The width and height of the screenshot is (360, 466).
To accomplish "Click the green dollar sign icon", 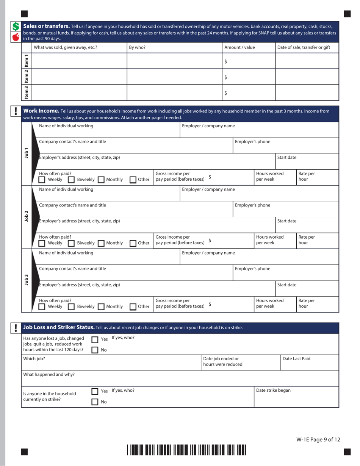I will pos(16,27).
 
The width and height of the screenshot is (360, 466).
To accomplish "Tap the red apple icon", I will pos(16,37).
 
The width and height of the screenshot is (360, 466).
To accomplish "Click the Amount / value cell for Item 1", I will pos(248,61).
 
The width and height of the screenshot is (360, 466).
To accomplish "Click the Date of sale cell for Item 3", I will pos(307,93).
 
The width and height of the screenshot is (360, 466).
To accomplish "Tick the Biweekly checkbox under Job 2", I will pos(71,243).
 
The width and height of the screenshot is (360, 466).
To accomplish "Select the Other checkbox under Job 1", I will pos(133,180).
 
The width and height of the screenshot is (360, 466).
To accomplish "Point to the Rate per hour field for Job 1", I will pos(317,176).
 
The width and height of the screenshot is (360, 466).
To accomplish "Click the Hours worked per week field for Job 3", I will pos(274,303).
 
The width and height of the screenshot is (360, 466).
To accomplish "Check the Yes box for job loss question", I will pos(95,340).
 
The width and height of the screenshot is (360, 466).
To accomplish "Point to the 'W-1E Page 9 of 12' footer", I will pos(318,439).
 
